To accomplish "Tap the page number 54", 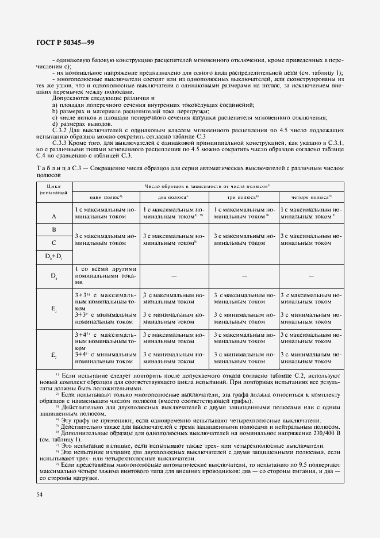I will (x=39, y=493).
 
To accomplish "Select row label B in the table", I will (x=53, y=229).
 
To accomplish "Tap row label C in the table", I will (x=53, y=243).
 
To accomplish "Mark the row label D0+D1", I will (x=53, y=256).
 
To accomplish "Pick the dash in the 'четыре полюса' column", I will (x=311, y=276).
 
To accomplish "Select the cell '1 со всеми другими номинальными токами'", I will (x=105, y=275).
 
